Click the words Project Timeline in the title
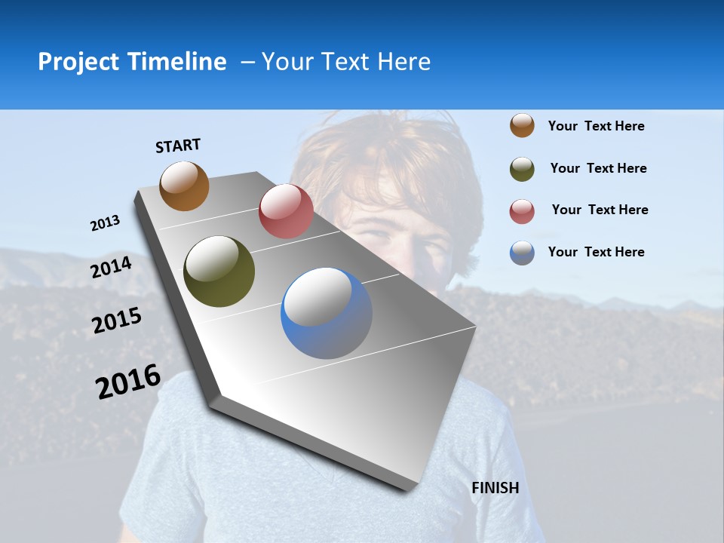pos(132,62)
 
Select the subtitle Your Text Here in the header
pos(346,62)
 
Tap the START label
pos(178,146)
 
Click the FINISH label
pos(495,488)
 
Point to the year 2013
pos(105,223)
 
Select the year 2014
pos(112,267)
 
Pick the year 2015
pos(117,321)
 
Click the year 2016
pos(128,382)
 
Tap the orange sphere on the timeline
pos(184,186)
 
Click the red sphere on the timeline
pos(286,211)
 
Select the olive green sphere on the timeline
pos(219,271)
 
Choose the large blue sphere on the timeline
pos(327,313)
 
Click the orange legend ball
pos(522,125)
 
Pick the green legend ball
pos(522,169)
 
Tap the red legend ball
pos(522,211)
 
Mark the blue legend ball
pos(522,253)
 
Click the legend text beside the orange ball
pos(596,126)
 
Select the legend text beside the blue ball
pos(596,252)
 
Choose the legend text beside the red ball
pos(600,210)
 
